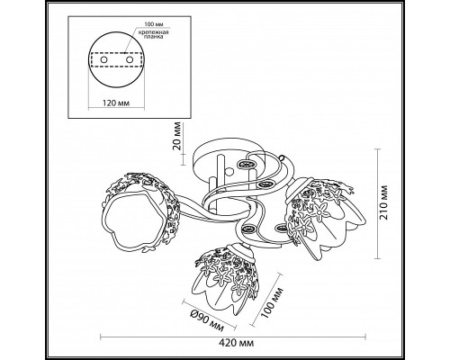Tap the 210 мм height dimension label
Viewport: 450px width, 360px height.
[x=384, y=202]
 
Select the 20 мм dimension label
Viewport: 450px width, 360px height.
[x=177, y=136]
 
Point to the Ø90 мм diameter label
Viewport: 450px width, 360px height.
[x=207, y=320]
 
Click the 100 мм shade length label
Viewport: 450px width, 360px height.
[x=272, y=302]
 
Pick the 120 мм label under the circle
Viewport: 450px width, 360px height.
[x=116, y=103]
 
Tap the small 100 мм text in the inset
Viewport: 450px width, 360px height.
[x=153, y=24]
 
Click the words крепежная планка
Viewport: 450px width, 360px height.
[x=153, y=34]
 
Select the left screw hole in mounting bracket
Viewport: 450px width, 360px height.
[x=103, y=60]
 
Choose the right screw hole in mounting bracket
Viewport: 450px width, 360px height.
[x=130, y=59]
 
